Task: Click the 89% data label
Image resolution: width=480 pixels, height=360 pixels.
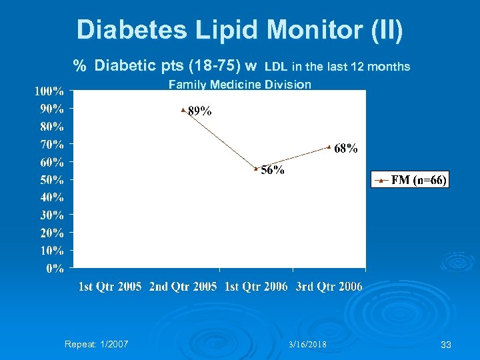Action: (200, 112)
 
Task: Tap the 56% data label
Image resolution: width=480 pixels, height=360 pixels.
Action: (273, 170)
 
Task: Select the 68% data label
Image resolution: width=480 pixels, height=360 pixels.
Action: (346, 149)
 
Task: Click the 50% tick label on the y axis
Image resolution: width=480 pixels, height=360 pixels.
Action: (52, 180)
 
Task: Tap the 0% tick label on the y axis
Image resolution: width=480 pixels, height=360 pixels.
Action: (55, 269)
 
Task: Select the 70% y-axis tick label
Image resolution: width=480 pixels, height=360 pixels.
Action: (52, 144)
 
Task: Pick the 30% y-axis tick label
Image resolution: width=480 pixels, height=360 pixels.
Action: (52, 215)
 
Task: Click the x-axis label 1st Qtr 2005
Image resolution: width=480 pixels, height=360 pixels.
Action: (111, 287)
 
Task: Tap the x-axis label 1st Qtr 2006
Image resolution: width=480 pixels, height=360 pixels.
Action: (257, 287)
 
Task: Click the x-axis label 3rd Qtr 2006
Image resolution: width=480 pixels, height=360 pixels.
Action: (329, 287)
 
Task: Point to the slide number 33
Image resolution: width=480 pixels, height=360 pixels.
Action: (446, 345)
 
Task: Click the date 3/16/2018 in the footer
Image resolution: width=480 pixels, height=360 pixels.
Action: (307, 345)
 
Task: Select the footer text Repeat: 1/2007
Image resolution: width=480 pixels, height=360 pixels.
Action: (97, 345)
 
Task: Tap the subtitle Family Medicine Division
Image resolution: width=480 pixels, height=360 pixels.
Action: (240, 85)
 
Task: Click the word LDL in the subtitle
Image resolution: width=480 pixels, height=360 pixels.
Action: (277, 67)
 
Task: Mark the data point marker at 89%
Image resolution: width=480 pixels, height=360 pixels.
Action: (183, 109)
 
